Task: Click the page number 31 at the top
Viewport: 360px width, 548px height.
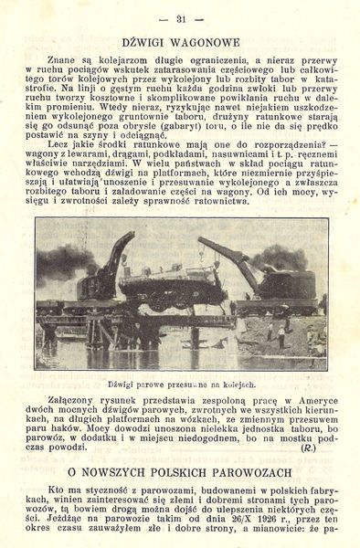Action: coord(180,18)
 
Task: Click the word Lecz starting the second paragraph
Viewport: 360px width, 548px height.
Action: coord(67,145)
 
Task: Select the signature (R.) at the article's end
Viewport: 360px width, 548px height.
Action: coord(309,448)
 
